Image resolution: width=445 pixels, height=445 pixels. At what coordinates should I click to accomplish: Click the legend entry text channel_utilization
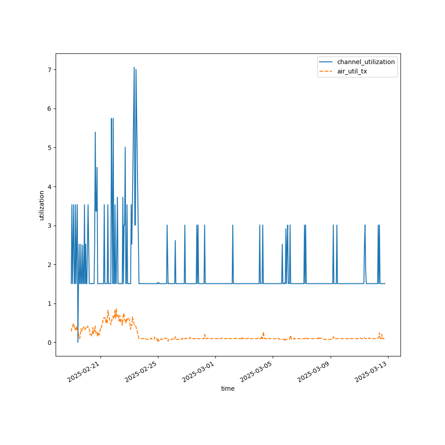(x=366, y=62)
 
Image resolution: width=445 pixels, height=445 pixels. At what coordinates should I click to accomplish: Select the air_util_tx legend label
(x=352, y=71)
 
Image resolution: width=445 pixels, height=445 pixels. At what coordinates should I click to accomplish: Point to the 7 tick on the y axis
(x=49, y=70)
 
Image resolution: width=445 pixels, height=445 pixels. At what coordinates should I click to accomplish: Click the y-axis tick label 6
(x=49, y=109)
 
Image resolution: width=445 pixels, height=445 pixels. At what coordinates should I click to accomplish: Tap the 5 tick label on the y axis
(x=49, y=148)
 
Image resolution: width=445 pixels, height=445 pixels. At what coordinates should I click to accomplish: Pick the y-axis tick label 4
(x=49, y=186)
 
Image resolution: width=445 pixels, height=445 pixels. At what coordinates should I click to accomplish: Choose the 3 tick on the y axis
(x=49, y=226)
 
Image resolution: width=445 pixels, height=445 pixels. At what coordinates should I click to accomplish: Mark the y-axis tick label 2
(x=49, y=265)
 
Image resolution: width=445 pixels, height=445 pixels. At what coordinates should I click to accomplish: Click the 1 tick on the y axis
(x=49, y=303)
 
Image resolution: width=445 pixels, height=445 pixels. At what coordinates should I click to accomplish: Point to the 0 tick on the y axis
(x=49, y=343)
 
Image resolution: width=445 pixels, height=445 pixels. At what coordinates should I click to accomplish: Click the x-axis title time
(x=228, y=388)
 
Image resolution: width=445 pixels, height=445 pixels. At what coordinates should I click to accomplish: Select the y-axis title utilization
(x=41, y=205)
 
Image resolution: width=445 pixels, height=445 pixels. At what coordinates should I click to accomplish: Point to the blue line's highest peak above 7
(x=134, y=68)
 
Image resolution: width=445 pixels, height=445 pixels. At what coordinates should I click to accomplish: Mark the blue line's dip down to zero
(x=78, y=342)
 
